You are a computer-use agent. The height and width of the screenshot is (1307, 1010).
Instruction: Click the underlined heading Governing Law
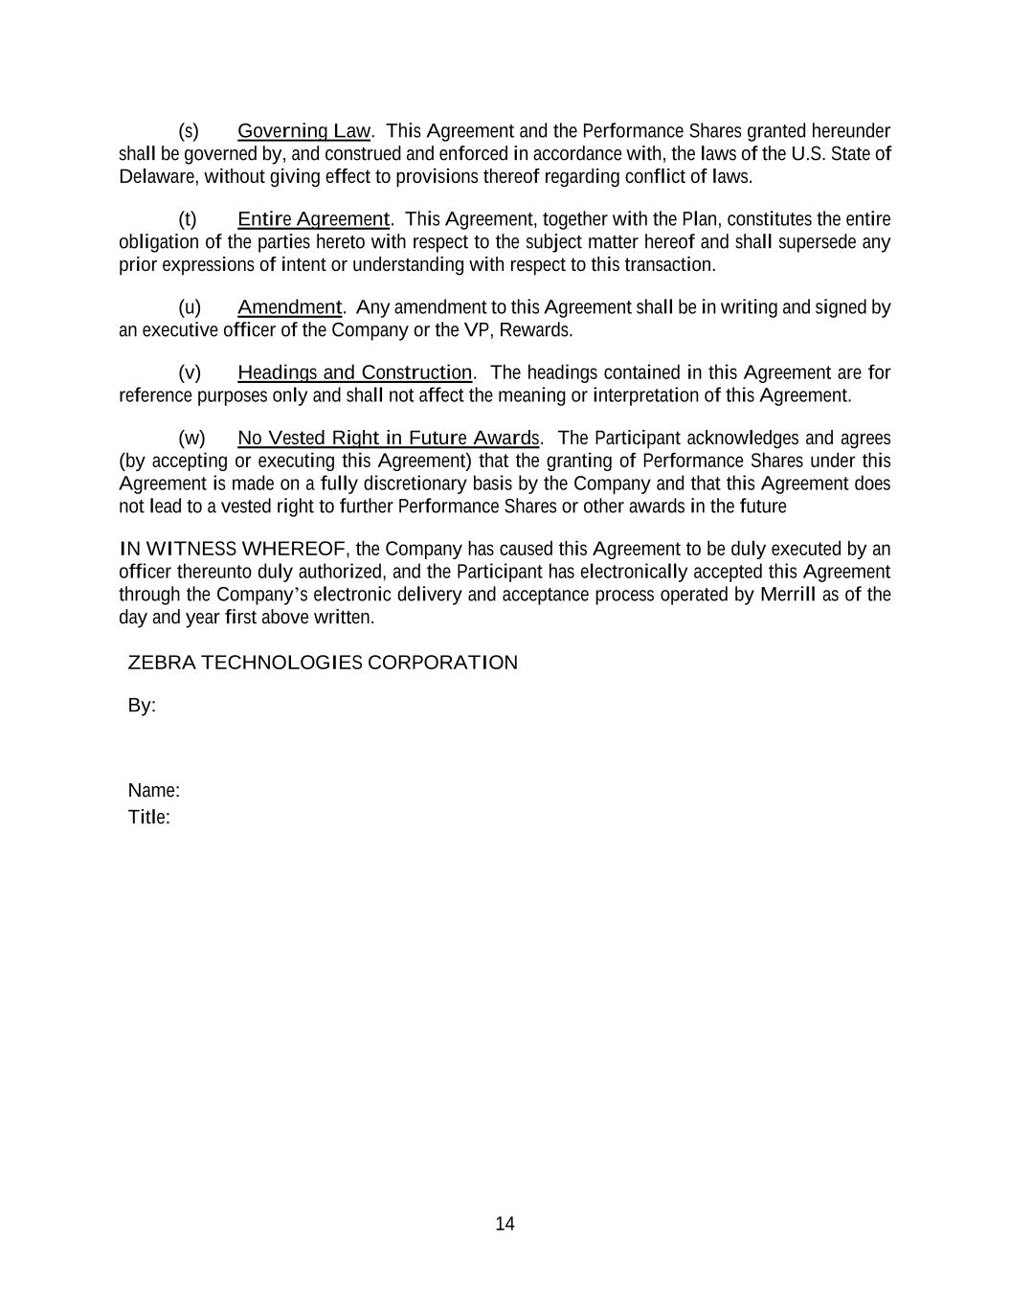(x=303, y=131)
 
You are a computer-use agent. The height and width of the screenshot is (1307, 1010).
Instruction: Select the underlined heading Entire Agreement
(x=313, y=219)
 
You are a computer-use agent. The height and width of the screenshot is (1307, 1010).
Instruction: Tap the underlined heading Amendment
(x=289, y=307)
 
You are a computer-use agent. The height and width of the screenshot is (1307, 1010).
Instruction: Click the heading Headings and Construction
(x=354, y=372)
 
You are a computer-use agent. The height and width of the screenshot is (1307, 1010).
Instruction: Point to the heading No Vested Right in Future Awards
(x=388, y=439)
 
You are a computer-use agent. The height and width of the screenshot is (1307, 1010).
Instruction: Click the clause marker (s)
(x=189, y=131)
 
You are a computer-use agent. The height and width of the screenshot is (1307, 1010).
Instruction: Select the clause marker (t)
(x=188, y=219)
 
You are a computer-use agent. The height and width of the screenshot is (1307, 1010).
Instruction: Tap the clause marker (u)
(x=190, y=307)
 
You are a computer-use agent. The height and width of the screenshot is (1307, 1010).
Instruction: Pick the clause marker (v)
(x=190, y=372)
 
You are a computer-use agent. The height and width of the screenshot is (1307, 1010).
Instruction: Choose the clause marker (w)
(x=191, y=439)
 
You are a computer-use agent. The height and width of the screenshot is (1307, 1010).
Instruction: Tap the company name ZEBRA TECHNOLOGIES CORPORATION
(x=323, y=663)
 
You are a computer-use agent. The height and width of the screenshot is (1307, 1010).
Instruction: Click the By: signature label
(x=142, y=706)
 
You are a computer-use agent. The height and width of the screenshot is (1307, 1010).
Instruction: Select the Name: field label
(x=153, y=791)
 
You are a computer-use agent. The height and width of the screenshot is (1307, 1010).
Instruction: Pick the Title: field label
(x=148, y=818)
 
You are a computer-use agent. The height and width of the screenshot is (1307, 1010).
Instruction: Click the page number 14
(x=505, y=1224)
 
